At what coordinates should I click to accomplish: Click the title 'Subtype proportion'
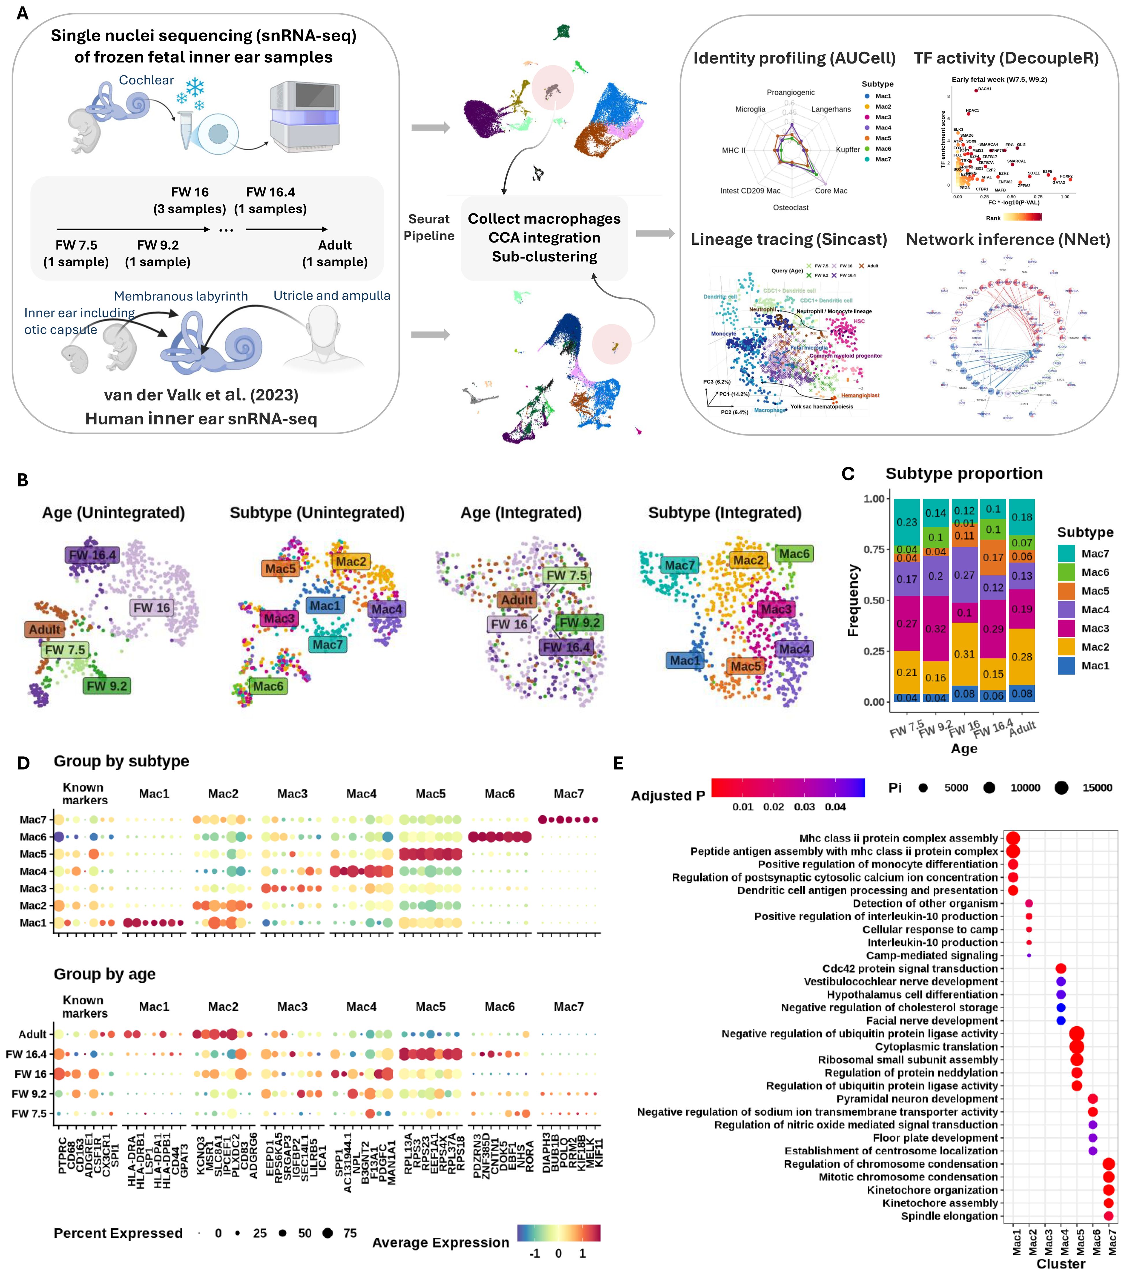pyautogui.click(x=964, y=474)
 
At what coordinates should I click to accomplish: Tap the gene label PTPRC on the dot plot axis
pyautogui.click(x=63, y=1155)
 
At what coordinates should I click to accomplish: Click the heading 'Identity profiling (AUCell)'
pyautogui.click(x=794, y=58)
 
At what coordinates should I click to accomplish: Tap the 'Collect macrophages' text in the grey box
pyautogui.click(x=544, y=219)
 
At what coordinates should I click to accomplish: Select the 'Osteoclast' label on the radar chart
pyautogui.click(x=790, y=208)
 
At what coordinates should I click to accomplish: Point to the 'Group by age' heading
pyautogui.click(x=104, y=974)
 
